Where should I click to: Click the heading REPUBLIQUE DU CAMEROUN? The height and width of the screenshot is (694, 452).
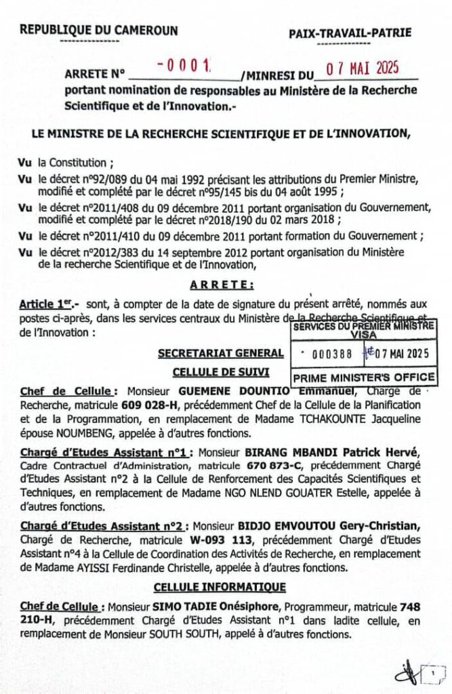click(x=99, y=30)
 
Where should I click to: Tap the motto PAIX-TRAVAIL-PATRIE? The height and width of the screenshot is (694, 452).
click(x=350, y=33)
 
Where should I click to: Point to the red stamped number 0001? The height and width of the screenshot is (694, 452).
click(x=184, y=66)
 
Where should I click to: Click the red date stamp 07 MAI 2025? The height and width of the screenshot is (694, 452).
click(x=361, y=67)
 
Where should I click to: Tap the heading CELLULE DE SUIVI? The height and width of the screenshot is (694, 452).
click(x=221, y=371)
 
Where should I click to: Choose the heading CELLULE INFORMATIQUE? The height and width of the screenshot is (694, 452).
click(x=220, y=586)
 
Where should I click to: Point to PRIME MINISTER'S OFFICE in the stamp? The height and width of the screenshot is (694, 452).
click(x=363, y=377)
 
